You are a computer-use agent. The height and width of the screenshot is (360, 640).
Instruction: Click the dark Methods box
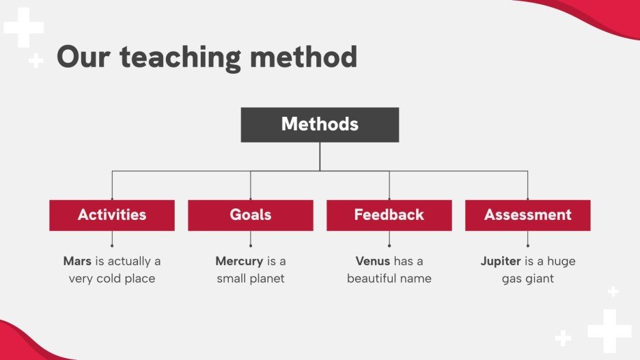point(320,124)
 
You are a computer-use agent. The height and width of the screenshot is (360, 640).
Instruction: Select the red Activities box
point(112,215)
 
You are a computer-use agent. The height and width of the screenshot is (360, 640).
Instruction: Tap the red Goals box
point(251,215)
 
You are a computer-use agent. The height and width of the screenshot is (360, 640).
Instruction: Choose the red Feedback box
point(389,215)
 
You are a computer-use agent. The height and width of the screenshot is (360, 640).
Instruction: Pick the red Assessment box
point(528,215)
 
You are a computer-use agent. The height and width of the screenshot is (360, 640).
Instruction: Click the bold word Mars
point(77,261)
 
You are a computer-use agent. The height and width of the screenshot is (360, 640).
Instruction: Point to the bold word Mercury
point(239,261)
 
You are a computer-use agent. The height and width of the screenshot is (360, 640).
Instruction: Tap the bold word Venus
point(373,261)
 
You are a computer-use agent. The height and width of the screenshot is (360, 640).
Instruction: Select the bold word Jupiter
point(501,261)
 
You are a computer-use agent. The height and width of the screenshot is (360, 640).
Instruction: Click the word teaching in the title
point(180,57)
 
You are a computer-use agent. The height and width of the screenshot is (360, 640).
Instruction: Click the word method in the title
point(304,56)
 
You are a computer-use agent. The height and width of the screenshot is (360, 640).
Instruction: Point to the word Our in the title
point(83,56)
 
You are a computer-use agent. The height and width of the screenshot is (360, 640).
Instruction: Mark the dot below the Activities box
point(112,246)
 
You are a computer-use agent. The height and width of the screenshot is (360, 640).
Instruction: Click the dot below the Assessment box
point(528,246)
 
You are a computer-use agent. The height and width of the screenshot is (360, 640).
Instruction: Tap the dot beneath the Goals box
point(251,246)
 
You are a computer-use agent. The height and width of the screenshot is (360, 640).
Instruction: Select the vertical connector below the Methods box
point(320,156)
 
